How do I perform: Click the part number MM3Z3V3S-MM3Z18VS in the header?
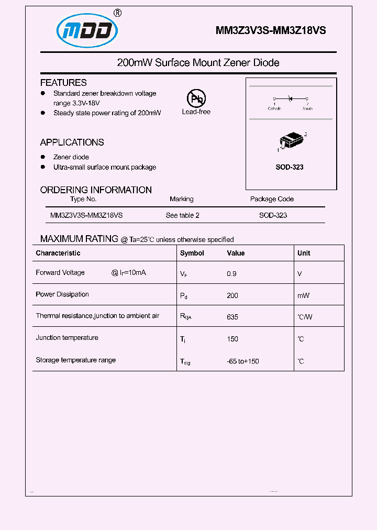pos(271,31)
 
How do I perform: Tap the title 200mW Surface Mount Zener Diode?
pos(198,63)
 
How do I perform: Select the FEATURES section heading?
pos(63,83)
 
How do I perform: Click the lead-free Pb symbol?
pos(196,98)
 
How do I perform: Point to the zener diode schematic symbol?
pos(290,98)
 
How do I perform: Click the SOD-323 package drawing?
pos(290,142)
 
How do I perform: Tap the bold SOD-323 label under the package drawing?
pos(290,167)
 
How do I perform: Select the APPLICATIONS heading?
pos(72,142)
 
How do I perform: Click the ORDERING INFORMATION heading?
pos(96,190)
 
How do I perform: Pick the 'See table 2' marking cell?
pos(182,215)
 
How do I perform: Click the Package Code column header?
pos(272,199)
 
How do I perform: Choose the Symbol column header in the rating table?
pos(192,253)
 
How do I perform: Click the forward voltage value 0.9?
pos(231,273)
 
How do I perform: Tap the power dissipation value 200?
pos(232,295)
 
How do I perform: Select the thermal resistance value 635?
pos(232,317)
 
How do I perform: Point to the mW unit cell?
pos(303,295)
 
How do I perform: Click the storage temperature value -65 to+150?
pos(243,361)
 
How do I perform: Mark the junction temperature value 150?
pos(232,339)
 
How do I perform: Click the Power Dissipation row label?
pos(62,294)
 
